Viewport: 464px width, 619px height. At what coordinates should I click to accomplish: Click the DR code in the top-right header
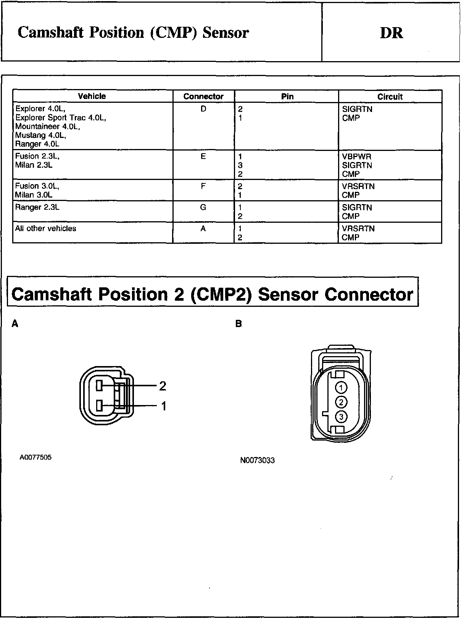[391, 33]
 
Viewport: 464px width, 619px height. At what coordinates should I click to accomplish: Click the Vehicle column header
[92, 96]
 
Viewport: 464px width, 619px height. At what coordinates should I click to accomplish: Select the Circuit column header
[390, 97]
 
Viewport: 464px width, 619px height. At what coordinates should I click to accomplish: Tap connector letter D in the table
[203, 109]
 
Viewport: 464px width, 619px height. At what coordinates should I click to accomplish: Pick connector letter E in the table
[203, 156]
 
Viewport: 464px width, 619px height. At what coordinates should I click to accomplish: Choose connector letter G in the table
[203, 207]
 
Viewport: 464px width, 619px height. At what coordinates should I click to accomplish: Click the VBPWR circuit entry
[357, 157]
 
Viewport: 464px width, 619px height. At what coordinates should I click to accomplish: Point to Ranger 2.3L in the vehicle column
[37, 207]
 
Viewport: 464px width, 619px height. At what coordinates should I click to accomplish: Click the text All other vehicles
[46, 228]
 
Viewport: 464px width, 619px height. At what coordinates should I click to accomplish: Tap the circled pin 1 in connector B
[341, 388]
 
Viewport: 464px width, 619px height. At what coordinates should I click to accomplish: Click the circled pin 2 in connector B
[341, 402]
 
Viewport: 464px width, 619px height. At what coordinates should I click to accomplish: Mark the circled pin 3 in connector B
[341, 416]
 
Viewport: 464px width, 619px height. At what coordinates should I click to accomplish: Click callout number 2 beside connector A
[163, 386]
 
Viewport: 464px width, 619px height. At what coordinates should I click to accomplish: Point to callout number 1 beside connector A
[164, 406]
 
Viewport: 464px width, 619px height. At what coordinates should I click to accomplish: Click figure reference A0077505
[35, 457]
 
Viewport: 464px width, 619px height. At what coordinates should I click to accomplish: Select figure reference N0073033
[258, 460]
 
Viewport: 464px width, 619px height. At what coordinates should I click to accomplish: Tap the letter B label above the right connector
[239, 324]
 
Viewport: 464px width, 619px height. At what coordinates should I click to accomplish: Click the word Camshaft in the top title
[51, 33]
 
